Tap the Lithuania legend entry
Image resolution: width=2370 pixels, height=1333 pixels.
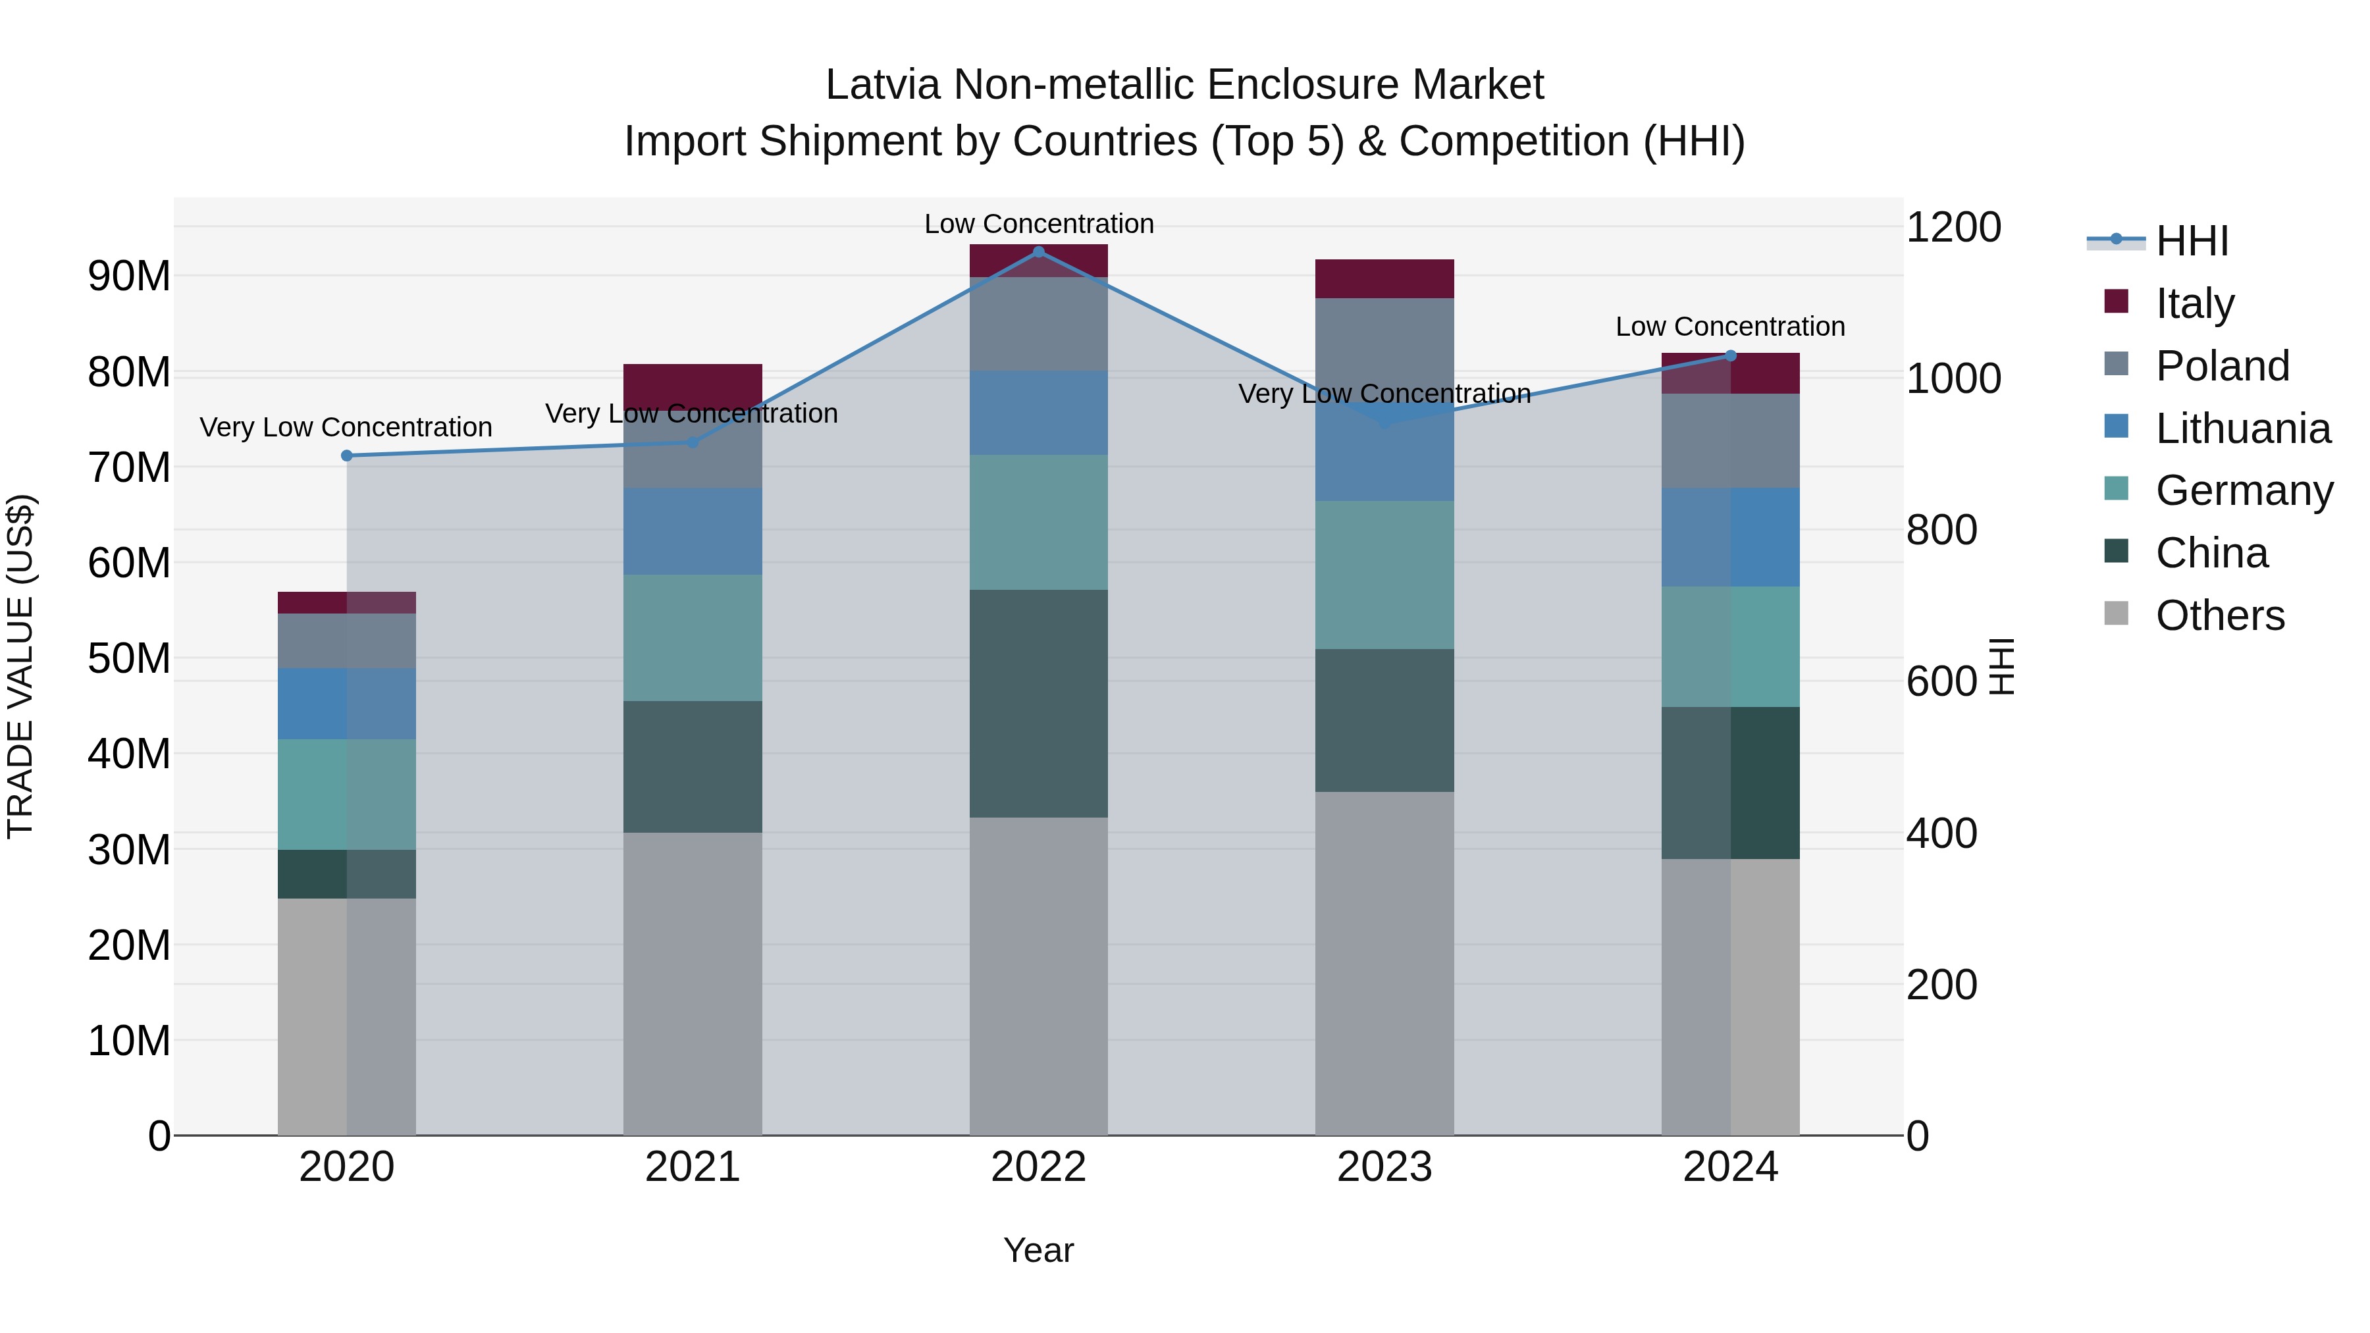tap(2242, 428)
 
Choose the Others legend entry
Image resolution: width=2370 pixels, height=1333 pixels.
tap(2219, 615)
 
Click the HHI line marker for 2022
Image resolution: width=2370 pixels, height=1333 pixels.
tap(1039, 251)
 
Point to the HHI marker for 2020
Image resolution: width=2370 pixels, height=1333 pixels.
tap(347, 456)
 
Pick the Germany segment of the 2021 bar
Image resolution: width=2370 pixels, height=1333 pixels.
tap(692, 637)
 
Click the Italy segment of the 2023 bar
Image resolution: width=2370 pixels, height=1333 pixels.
tap(1384, 278)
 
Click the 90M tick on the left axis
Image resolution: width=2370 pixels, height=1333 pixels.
tap(129, 276)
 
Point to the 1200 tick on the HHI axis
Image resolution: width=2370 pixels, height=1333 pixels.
tap(1953, 227)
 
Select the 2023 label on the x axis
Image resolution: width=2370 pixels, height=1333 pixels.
tap(1384, 1166)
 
